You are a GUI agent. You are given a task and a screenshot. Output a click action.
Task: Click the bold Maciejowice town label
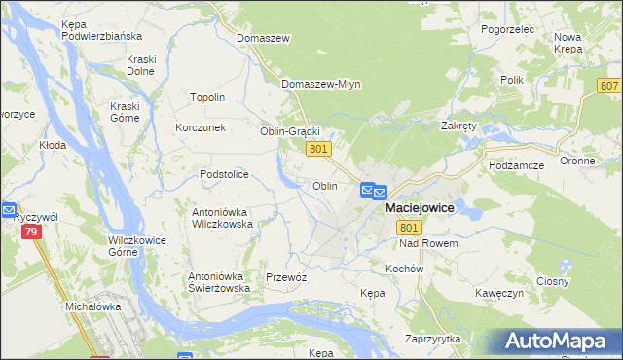[x=420, y=208]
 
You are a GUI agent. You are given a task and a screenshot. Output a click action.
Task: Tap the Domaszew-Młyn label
[x=321, y=84]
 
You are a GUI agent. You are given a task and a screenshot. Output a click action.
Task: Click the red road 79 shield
[x=31, y=232]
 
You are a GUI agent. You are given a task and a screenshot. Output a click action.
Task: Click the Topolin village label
[x=207, y=97]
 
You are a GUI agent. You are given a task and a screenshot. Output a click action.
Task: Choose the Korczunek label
[x=201, y=127]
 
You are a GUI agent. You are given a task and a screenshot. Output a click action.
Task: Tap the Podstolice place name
[x=224, y=174]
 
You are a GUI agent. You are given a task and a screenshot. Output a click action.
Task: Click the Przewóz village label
[x=286, y=277]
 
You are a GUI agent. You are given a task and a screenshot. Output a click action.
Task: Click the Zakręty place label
[x=458, y=126]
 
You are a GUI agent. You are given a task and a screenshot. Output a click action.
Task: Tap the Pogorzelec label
[x=508, y=30]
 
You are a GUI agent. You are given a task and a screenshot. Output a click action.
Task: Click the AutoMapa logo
[x=554, y=342]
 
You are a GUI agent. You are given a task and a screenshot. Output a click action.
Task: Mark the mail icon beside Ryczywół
[x=9, y=209]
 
